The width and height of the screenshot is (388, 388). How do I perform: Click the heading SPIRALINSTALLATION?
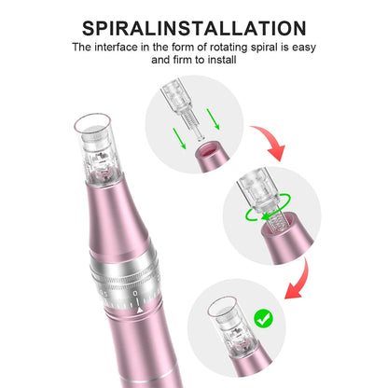pos(194,28)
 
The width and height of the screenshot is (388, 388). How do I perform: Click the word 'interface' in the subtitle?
pos(116,48)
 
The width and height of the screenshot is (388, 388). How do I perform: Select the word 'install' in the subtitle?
pos(222,60)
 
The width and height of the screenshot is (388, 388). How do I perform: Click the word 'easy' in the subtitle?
pos(304,48)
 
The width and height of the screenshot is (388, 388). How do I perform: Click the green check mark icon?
pos(264,318)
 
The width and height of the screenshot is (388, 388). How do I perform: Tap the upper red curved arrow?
pos(270,142)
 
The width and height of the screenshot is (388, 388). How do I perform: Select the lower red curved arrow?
pos(299,281)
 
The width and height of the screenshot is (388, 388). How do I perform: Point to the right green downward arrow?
pos(214,119)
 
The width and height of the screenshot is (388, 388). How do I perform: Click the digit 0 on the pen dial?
pos(135,293)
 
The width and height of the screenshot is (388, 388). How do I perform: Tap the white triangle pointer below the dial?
pos(140,310)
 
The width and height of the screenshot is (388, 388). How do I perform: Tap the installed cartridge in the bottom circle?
pos(233,328)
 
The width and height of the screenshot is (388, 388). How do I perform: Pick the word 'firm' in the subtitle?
pos(182,60)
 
